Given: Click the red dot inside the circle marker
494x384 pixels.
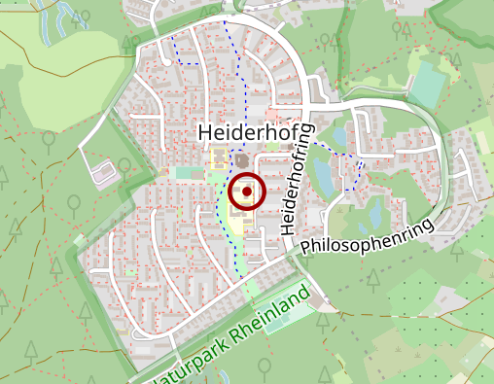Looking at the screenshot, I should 247,192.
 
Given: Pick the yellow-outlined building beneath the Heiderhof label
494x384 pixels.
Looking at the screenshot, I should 219,157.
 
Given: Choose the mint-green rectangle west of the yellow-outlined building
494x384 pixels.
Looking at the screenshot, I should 183,173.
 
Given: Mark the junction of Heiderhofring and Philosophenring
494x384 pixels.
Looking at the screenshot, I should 291,254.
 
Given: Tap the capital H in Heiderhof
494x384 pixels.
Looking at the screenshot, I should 204,131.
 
